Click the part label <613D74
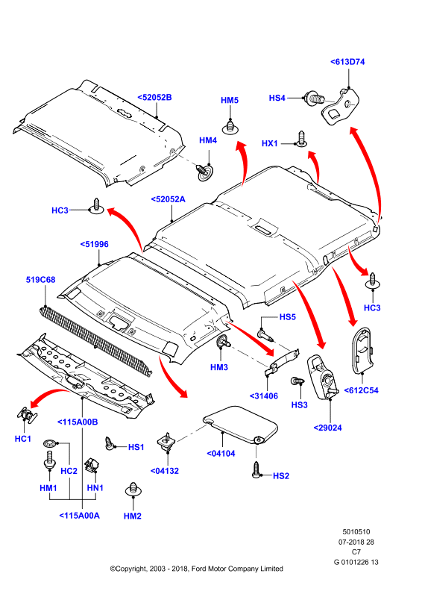[347, 62]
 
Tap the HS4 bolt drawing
[314, 99]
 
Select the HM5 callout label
[230, 100]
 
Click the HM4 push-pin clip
[204, 172]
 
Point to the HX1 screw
[302, 139]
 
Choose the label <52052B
[154, 98]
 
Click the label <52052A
[168, 199]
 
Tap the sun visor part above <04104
[241, 425]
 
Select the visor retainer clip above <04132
[166, 442]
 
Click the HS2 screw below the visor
[256, 470]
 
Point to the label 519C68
[40, 280]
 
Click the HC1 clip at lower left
[27, 414]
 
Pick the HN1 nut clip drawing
[92, 464]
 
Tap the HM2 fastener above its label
[133, 490]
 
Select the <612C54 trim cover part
[362, 348]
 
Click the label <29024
[327, 428]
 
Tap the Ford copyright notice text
[196, 569]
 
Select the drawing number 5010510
[356, 532]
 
